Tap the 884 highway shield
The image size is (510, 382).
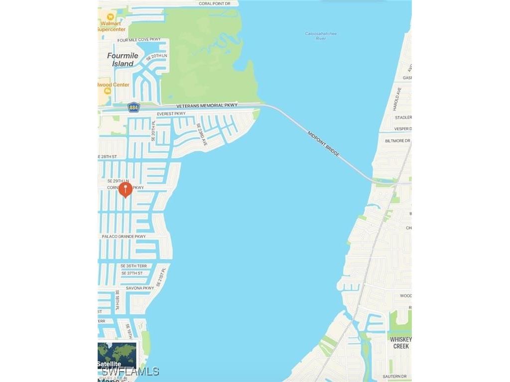pyautogui.click(x=133, y=107)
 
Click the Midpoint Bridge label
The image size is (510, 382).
pyautogui.click(x=324, y=144)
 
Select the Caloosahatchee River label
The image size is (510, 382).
pyautogui.click(x=321, y=36)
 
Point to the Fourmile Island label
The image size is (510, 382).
pyautogui.click(x=123, y=60)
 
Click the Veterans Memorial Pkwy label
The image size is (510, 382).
pyautogui.click(x=207, y=105)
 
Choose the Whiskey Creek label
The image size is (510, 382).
pyautogui.click(x=401, y=343)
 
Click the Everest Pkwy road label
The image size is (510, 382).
pyautogui.click(x=171, y=114)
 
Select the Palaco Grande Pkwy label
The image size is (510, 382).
pyautogui.click(x=124, y=236)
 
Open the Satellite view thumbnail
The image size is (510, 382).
pyautogui.click(x=117, y=355)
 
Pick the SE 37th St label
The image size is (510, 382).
pyautogui.click(x=131, y=273)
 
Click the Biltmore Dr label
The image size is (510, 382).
pyautogui.click(x=397, y=141)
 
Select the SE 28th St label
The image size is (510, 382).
pyautogui.click(x=108, y=157)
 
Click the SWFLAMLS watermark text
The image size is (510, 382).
pyautogui.click(x=128, y=372)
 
